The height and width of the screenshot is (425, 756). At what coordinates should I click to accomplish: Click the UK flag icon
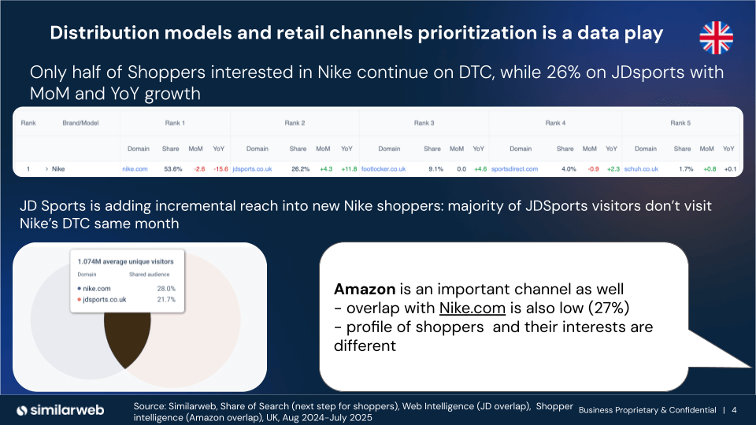click(716, 37)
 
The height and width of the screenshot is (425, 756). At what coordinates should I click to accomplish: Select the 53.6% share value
click(172, 168)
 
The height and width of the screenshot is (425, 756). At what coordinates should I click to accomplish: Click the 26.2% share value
click(300, 168)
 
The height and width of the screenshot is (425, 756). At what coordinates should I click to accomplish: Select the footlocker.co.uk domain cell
click(384, 168)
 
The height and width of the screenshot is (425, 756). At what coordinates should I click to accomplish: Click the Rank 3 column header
click(424, 123)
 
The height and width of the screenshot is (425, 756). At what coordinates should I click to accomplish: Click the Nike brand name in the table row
click(58, 168)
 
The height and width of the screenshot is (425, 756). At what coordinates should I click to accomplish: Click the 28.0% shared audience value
click(165, 289)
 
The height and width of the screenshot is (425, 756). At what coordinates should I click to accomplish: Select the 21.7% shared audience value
click(165, 300)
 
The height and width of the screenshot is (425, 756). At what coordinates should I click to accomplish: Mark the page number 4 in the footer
click(734, 410)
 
